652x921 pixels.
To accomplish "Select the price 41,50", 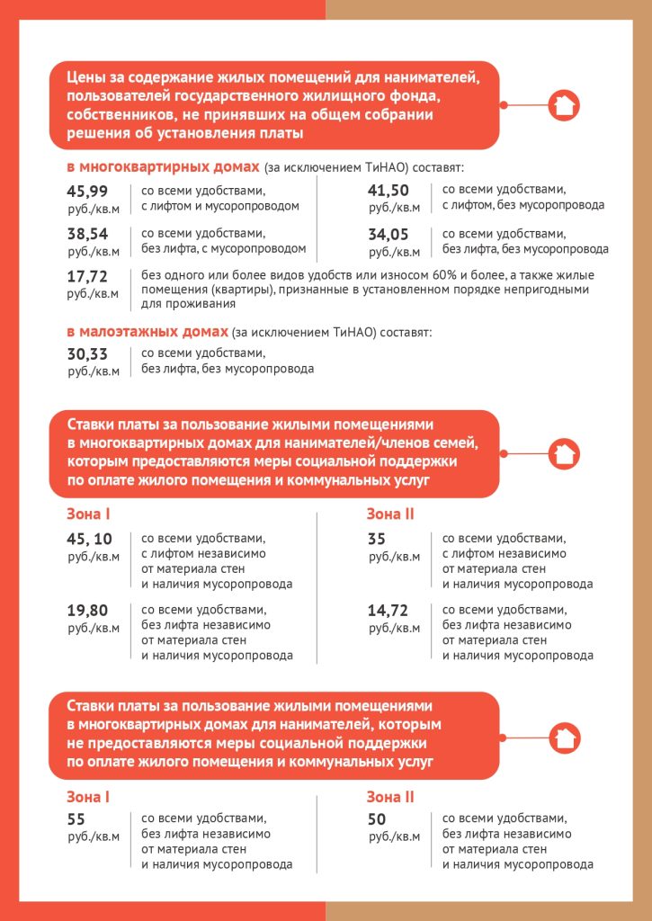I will click(389, 190).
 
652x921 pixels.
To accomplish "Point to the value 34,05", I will click(389, 234).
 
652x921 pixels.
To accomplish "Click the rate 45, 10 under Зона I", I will click(90, 538).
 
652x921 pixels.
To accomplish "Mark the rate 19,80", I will click(88, 610).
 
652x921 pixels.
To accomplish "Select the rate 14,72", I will click(389, 610).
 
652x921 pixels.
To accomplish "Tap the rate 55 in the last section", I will click(77, 818).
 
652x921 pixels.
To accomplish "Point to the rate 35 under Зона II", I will click(378, 538).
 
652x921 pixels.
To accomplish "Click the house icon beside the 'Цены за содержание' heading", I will click(564, 105).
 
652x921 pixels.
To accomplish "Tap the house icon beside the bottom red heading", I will click(564, 738).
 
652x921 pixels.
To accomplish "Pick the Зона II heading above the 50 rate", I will click(389, 796).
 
